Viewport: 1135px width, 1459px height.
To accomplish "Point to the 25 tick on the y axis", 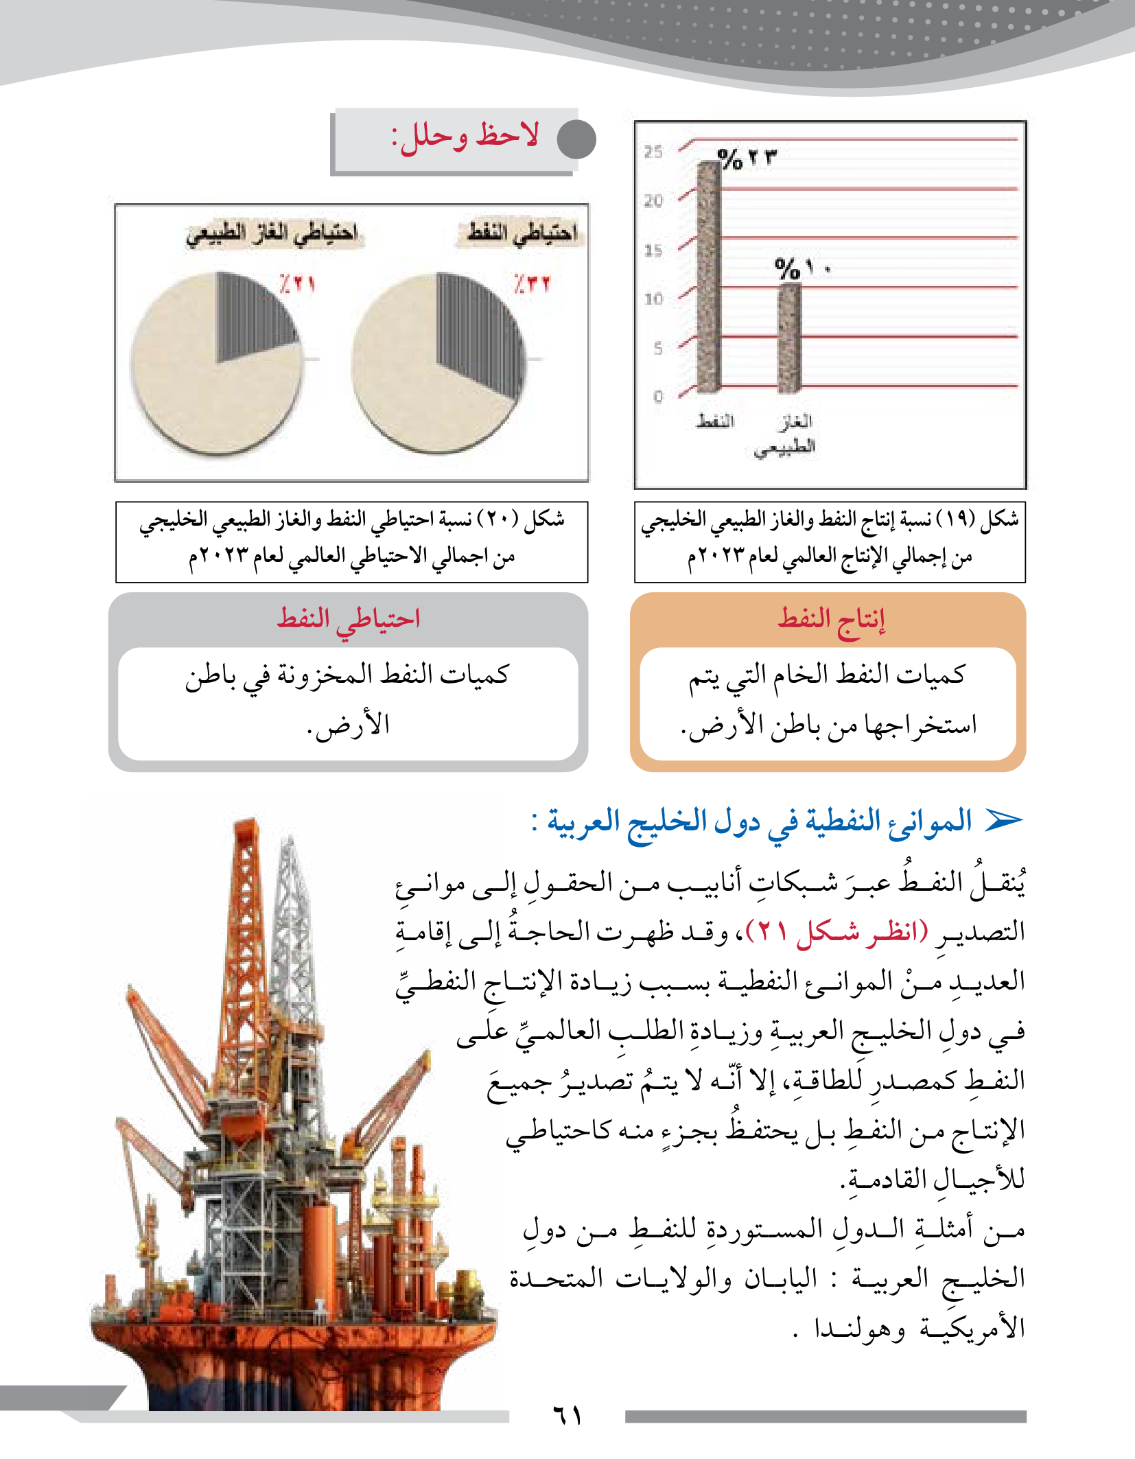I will [653, 152].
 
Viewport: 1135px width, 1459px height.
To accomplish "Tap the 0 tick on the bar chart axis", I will [658, 397].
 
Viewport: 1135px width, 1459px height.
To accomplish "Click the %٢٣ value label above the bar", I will [747, 159].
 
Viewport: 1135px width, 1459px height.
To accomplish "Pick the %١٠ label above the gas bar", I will [801, 268].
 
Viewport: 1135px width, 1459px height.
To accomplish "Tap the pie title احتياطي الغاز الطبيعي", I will [272, 233].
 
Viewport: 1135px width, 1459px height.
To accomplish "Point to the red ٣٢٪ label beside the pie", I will [532, 283].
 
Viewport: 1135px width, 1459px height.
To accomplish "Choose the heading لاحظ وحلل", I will [465, 136].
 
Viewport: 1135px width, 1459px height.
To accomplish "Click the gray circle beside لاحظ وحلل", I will [576, 139].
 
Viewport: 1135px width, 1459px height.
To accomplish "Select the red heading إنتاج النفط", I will [831, 620].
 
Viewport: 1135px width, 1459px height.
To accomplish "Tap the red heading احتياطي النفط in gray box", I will [348, 620].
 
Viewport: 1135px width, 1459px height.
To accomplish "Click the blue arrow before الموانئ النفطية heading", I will [1003, 820].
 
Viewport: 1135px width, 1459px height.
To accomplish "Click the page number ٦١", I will [567, 1414].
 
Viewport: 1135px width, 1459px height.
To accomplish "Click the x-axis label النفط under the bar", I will [715, 421].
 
